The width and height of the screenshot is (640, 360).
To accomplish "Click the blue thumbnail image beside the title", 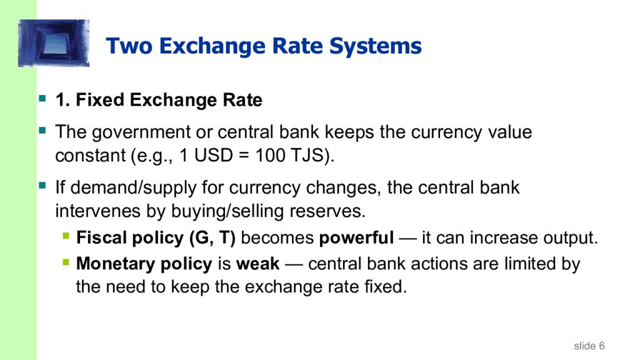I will click(54, 43).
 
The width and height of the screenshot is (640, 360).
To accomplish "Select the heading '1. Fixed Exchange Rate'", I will click(159, 100).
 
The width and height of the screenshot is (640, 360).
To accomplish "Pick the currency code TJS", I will click(306, 156).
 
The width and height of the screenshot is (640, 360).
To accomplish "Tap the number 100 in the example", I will click(269, 156).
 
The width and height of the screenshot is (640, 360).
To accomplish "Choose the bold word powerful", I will click(356, 238).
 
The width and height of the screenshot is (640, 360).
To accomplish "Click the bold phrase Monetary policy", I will click(144, 264).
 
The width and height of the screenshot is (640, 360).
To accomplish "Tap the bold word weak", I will click(257, 264).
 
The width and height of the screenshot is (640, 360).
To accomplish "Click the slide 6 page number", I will click(589, 346).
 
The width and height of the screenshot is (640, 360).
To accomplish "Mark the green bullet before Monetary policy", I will click(66, 263).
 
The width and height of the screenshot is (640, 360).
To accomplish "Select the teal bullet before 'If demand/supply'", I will click(42, 186).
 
